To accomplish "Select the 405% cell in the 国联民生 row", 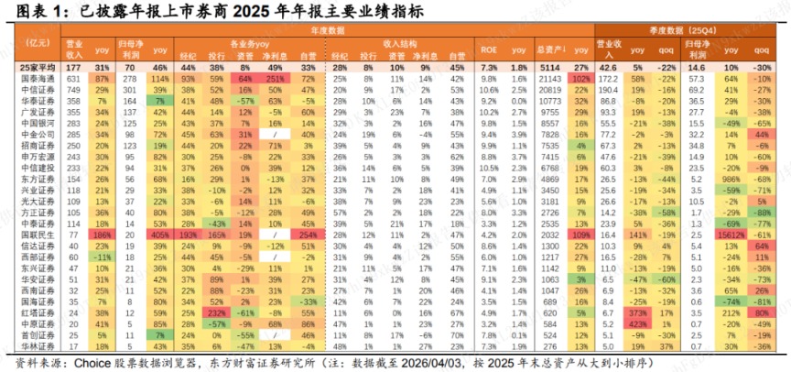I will (x=160, y=209).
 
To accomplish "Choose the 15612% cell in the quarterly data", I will (x=729, y=209).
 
